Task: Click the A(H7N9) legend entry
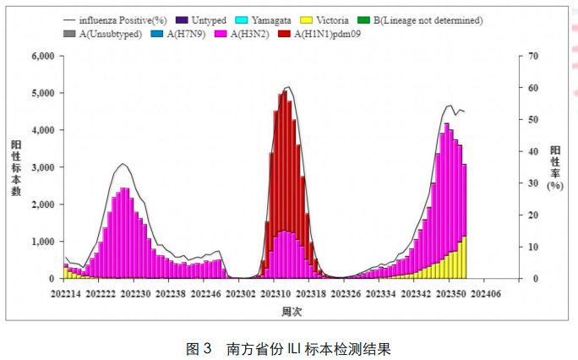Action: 176,35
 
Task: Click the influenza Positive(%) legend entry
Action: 112,19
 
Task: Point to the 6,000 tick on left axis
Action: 41,56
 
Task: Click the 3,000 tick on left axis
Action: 41,167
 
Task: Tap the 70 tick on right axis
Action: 531,56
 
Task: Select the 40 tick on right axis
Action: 531,151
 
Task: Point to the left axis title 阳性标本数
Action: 17,167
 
